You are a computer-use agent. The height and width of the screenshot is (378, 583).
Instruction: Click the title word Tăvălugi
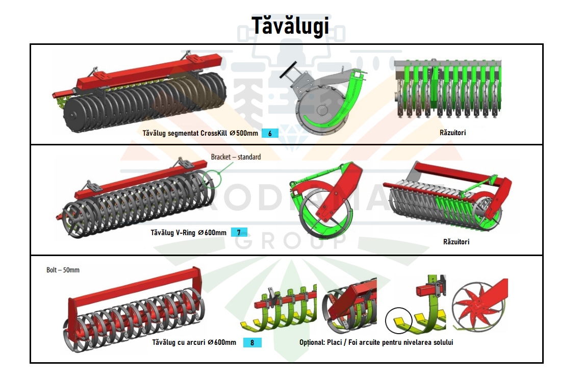point(290,26)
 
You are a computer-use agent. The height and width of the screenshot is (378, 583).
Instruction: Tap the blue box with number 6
point(270,133)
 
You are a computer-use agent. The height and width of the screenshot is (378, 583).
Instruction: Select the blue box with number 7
point(239,232)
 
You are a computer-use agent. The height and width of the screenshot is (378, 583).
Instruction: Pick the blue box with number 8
point(252,342)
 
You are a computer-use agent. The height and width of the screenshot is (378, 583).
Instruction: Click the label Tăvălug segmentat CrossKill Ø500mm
point(200,133)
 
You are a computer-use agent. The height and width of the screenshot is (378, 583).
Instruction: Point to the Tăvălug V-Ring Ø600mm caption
point(189,233)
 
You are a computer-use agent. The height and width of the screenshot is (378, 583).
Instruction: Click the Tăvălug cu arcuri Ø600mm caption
point(194,342)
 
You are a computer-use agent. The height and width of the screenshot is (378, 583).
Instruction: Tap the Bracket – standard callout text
point(236,157)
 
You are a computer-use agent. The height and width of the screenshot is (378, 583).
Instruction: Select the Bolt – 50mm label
point(63,270)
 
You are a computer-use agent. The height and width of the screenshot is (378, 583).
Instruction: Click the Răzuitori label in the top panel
point(452,133)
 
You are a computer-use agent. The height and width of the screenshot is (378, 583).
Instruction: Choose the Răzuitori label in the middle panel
point(456,242)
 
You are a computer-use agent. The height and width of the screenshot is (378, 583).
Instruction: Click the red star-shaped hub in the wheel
point(475,305)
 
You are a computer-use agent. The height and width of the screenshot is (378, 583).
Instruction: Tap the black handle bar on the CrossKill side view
point(288,70)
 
